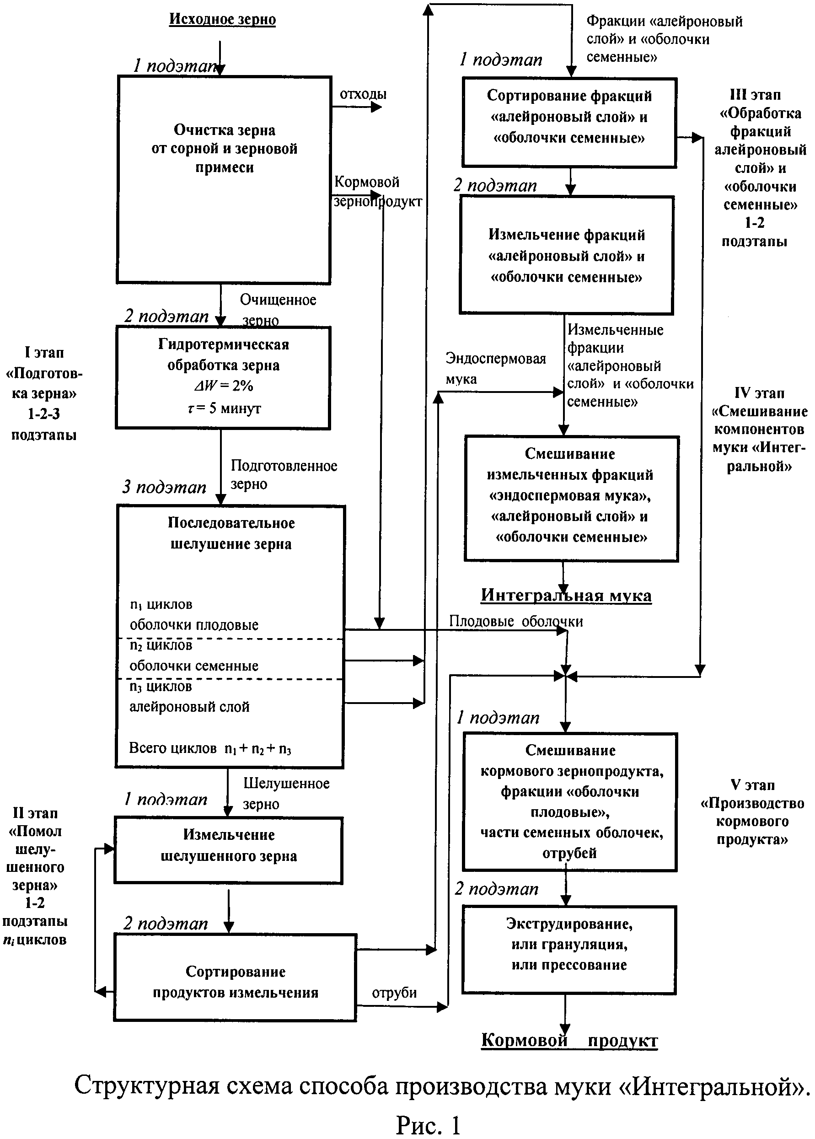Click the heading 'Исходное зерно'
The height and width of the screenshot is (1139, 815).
222,20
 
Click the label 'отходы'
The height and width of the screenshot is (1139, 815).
363,94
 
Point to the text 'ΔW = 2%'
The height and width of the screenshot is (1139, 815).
223,386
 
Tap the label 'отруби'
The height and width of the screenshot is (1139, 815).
394,993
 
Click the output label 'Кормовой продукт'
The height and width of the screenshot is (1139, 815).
569,1041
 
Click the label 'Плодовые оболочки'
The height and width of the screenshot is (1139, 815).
516,622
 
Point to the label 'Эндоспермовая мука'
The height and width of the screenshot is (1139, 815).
495,368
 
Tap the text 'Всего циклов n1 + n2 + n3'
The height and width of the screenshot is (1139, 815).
210,748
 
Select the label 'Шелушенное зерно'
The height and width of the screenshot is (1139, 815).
286,793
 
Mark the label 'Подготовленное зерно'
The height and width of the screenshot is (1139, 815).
284,474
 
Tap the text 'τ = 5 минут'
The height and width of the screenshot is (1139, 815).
224,408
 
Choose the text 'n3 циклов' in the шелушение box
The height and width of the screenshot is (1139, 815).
161,686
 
